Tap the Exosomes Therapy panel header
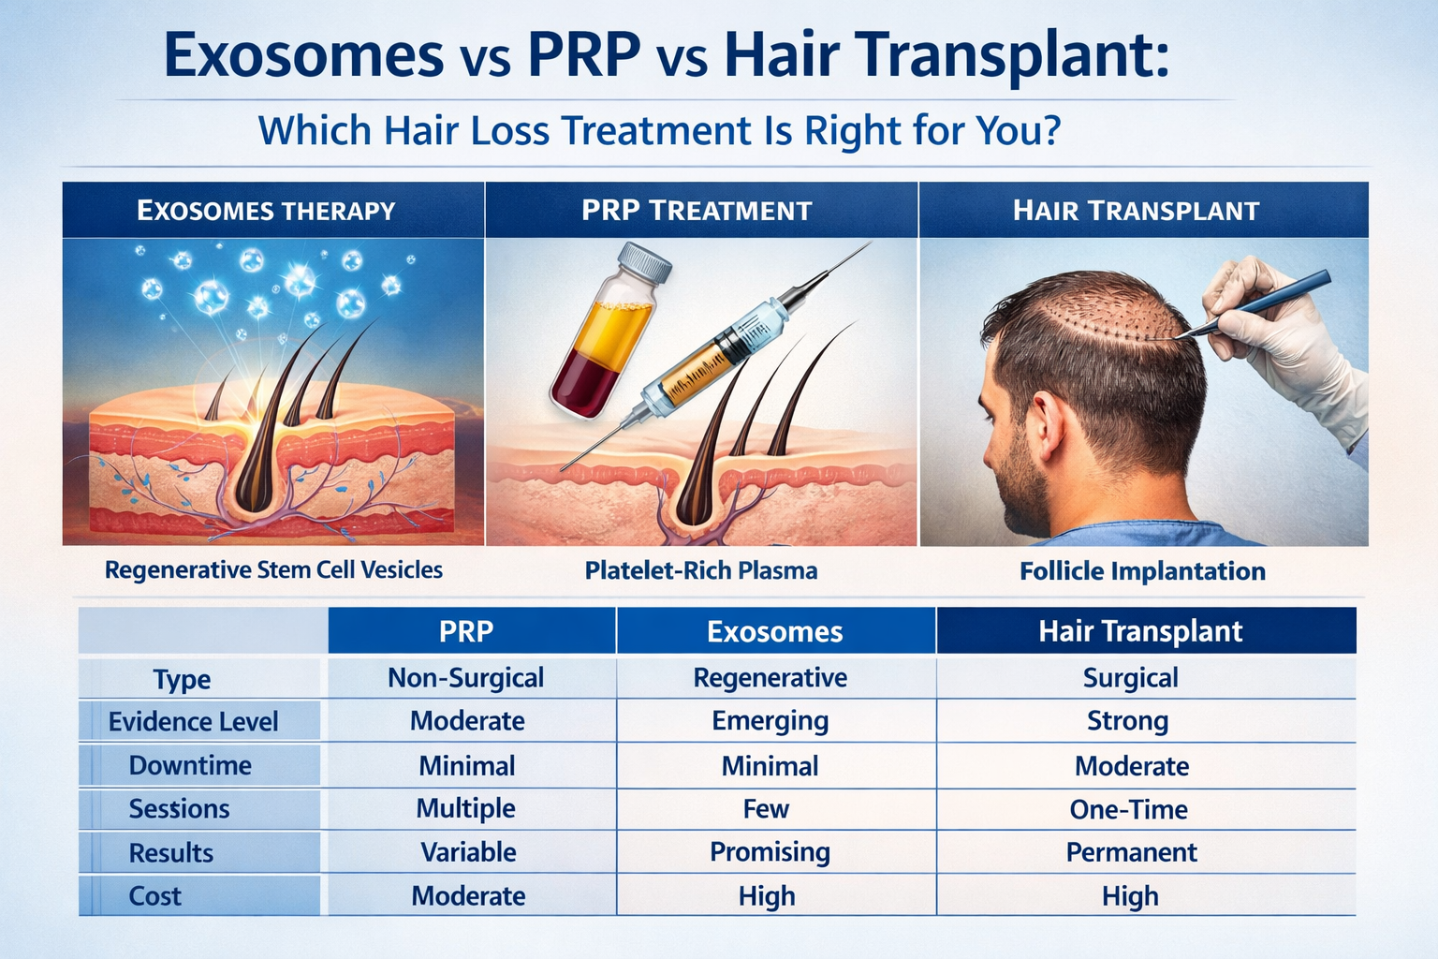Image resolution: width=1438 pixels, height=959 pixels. coord(267,210)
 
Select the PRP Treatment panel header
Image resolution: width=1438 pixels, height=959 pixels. coord(697,210)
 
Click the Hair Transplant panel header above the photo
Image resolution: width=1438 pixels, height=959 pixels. coord(1136,210)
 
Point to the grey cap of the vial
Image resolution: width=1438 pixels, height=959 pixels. coord(647,265)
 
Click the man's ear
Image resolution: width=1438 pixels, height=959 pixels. coord(1047,424)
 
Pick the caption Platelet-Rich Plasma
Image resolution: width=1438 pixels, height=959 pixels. coord(701,570)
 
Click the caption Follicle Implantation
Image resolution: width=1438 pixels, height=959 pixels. coord(1142,571)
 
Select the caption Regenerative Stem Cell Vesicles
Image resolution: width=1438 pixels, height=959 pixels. coord(273,569)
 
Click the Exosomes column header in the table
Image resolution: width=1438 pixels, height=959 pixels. coord(774,631)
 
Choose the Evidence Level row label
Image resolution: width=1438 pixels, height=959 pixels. coord(193,722)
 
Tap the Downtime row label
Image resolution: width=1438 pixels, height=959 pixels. coord(190,766)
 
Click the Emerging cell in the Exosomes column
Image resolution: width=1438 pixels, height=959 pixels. coord(770,721)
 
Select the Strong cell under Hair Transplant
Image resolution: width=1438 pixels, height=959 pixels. coord(1127,721)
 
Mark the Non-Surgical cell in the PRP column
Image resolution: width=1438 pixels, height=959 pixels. coord(465,678)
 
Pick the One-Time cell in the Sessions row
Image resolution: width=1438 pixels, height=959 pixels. coord(1128,810)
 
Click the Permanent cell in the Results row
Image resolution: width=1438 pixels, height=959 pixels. coord(1131,852)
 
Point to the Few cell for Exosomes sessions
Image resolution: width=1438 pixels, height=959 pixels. coord(766,809)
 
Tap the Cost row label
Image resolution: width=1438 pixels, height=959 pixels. coord(155,896)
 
